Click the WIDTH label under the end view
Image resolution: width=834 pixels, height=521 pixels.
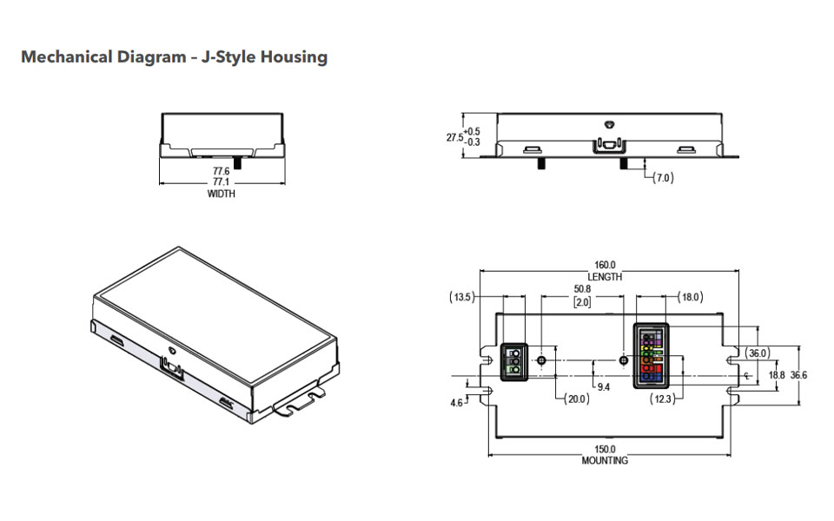pos(222,194)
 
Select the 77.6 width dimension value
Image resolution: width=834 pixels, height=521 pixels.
pos(222,171)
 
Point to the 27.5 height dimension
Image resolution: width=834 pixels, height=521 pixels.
pos(454,137)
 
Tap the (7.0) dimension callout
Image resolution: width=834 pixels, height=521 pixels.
pos(663,177)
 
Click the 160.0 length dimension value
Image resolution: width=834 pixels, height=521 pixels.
pos(605,265)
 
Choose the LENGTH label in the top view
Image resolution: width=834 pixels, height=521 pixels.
pos(605,277)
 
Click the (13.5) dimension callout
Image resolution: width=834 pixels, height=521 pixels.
pos(461,297)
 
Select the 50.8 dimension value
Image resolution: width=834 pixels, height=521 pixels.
pos(582,289)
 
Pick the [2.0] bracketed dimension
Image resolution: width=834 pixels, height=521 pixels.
pos(582,302)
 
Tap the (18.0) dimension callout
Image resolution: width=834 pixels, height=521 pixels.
pos(691,297)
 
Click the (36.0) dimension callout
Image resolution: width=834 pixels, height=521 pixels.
pos(757,353)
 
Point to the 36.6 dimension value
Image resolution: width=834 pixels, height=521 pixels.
pos(798,375)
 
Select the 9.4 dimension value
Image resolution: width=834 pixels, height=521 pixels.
pos(604,387)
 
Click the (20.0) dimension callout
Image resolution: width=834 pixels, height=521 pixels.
pos(577,399)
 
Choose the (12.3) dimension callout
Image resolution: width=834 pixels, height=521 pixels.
pos(663,399)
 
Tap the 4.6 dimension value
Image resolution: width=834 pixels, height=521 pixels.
pos(456,403)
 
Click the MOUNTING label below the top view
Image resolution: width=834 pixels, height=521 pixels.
pos(605,461)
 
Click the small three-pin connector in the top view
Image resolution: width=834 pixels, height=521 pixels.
pos(514,361)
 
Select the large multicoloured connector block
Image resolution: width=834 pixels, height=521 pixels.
pos(651,356)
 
